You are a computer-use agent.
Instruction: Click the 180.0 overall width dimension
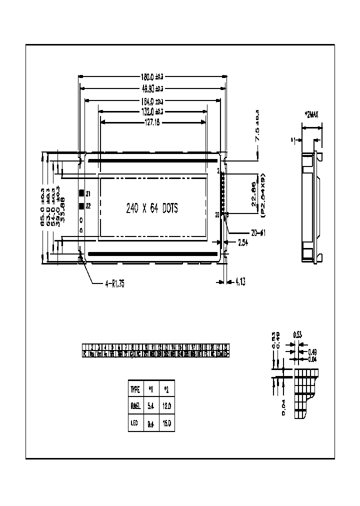(x=152, y=76)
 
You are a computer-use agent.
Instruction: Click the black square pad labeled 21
(x=81, y=193)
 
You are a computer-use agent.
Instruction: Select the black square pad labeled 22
(x=81, y=205)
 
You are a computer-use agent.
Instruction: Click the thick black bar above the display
(x=153, y=161)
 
